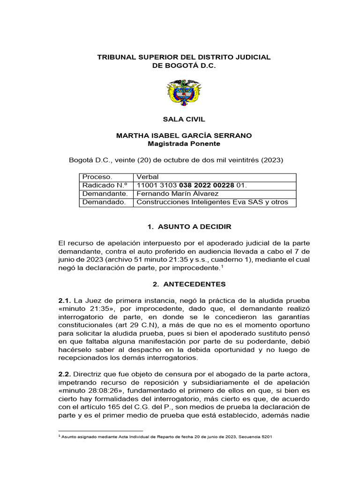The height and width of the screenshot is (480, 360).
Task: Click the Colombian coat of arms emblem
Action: (x=184, y=93)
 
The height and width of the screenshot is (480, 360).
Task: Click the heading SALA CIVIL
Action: (x=184, y=120)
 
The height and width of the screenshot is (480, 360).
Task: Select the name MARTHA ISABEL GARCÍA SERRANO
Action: (x=184, y=135)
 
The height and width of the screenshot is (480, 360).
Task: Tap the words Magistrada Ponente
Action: (x=184, y=143)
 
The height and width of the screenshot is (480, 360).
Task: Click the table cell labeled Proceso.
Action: (x=97, y=177)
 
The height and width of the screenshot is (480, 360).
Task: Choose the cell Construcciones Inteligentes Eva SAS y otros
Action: (x=211, y=202)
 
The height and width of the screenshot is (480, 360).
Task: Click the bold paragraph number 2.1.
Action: (x=65, y=300)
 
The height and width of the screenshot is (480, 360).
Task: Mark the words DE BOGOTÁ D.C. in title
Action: (x=184, y=66)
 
